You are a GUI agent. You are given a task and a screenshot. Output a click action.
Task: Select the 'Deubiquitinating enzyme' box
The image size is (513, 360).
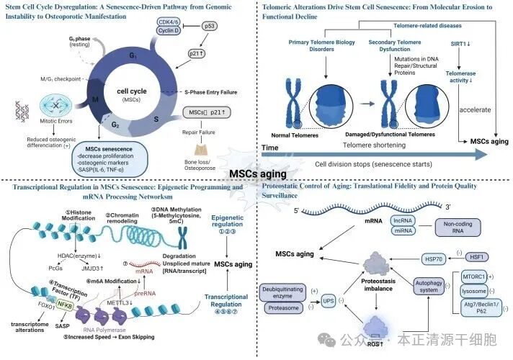[x=284, y=292]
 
